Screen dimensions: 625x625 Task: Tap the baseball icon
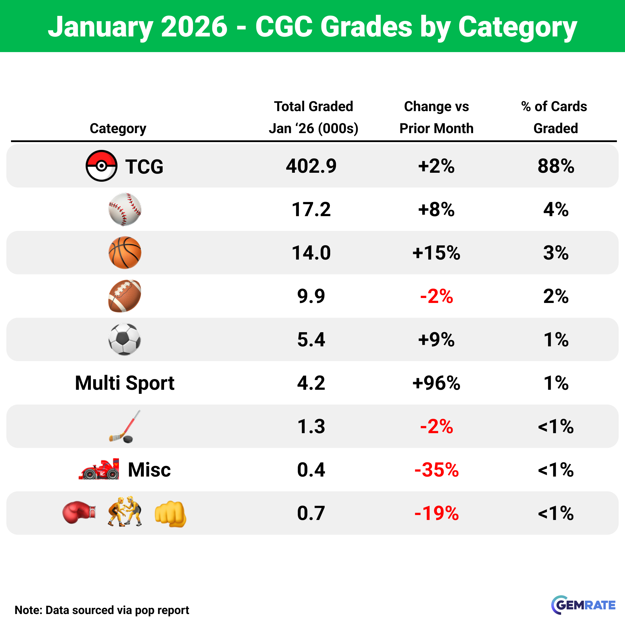[x=124, y=209]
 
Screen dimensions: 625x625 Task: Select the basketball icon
[x=124, y=253]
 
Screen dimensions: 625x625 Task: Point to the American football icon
[x=124, y=296]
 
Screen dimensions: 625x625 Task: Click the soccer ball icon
[x=124, y=339]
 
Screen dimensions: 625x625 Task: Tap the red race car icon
[x=99, y=469]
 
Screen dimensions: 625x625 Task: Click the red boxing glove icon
[x=79, y=512]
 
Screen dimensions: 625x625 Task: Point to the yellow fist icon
[x=170, y=514]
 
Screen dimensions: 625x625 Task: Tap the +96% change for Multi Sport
[x=436, y=383]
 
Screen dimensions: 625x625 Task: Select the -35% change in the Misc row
[x=436, y=470]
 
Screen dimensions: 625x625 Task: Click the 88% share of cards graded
[x=556, y=166]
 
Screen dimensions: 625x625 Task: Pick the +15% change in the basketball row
[x=436, y=253]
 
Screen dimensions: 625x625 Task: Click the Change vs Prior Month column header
[x=436, y=117]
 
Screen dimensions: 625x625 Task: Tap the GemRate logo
[x=583, y=605]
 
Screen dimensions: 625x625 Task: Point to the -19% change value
[x=436, y=513]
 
